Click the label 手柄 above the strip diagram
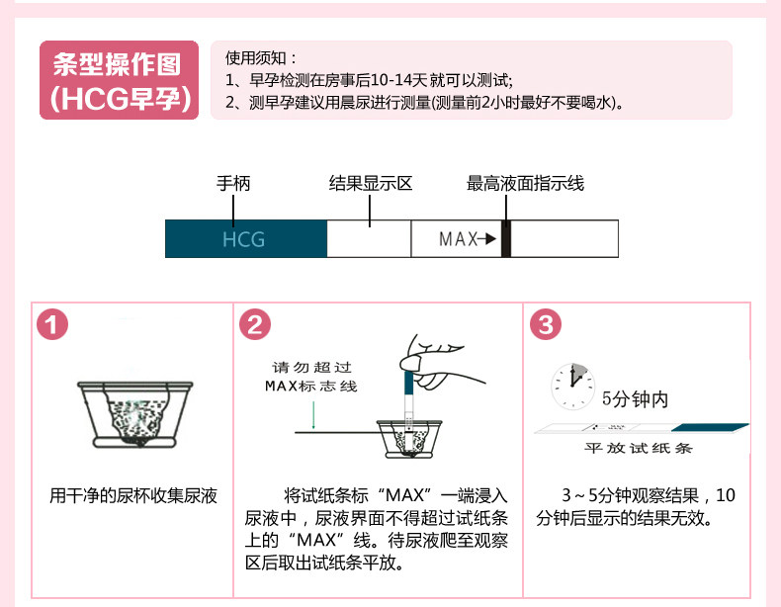click(x=233, y=184)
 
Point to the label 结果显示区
click(x=370, y=184)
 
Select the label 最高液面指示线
click(x=525, y=184)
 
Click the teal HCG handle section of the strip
click(x=245, y=239)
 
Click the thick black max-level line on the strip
click(x=505, y=239)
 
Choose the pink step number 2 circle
click(x=255, y=325)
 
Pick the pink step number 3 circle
click(x=546, y=325)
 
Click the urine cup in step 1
click(x=134, y=413)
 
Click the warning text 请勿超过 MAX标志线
click(x=311, y=376)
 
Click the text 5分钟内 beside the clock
click(x=635, y=399)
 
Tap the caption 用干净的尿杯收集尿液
click(x=133, y=495)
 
